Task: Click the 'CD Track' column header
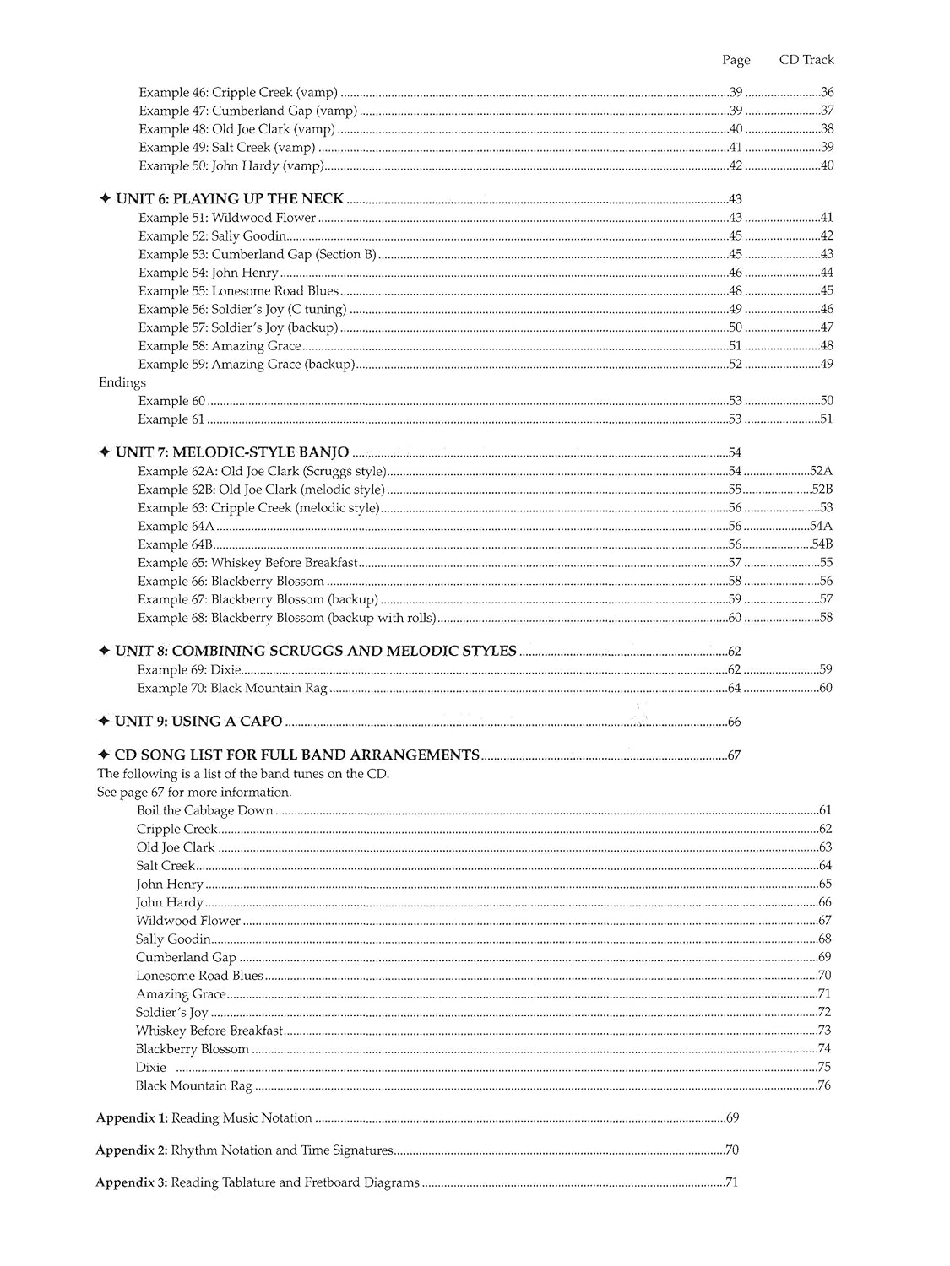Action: point(806,60)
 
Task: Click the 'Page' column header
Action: point(736,60)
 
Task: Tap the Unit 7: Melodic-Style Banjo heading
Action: point(232,453)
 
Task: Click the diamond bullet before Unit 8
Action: point(104,652)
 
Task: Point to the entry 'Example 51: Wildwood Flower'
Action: point(227,218)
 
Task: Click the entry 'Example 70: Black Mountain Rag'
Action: point(232,688)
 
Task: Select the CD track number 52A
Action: point(821,471)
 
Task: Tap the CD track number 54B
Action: point(822,544)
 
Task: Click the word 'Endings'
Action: point(122,382)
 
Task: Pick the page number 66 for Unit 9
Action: point(734,722)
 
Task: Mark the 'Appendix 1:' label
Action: point(132,1118)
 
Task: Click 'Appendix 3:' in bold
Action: point(132,1182)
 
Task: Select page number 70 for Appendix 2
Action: point(732,1150)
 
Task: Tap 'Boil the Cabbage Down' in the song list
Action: point(204,810)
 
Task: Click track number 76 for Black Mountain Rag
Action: point(824,1085)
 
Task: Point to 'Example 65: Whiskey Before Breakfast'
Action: point(248,563)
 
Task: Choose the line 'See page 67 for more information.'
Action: point(194,793)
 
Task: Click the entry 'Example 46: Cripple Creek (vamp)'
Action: point(238,93)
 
